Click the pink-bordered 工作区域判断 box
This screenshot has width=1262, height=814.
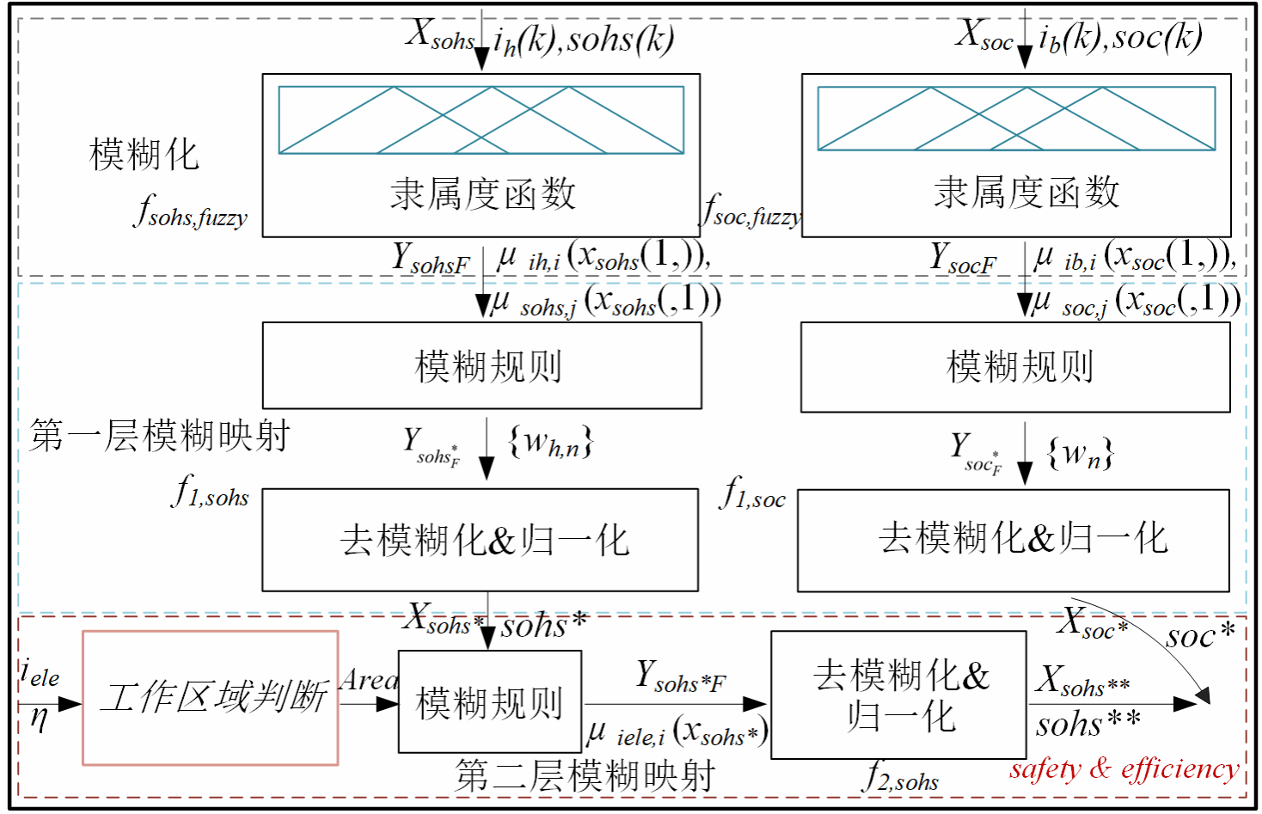210,698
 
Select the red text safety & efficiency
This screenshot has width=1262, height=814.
1124,770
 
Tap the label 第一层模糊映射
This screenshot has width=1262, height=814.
159,436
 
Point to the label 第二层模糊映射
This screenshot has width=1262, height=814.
585,775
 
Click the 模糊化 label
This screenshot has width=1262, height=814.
144,155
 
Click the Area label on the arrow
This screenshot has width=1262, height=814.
369,680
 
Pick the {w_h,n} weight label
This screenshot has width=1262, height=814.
550,442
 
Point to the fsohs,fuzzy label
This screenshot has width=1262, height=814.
191,211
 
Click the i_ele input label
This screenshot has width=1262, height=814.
40,672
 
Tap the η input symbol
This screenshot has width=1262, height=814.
40,719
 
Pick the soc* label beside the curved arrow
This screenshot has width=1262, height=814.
1200,635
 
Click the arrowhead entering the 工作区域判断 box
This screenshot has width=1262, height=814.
70,704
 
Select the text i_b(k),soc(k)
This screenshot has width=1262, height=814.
1121,37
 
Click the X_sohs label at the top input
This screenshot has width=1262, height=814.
440,35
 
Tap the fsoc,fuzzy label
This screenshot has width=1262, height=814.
751,211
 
